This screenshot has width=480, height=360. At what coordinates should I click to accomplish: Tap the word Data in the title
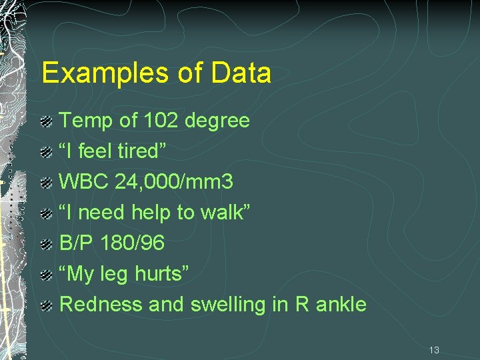click(241, 73)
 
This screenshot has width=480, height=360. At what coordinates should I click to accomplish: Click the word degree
click(217, 121)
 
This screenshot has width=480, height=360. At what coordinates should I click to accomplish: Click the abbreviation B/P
click(76, 243)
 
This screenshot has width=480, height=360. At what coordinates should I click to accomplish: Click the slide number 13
click(434, 350)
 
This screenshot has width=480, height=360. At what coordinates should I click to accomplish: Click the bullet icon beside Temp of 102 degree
click(47, 121)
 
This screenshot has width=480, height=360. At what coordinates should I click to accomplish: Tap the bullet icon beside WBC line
click(47, 183)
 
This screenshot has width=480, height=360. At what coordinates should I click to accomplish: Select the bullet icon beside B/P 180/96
click(47, 244)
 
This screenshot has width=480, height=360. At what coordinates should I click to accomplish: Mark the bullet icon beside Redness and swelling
click(47, 305)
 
